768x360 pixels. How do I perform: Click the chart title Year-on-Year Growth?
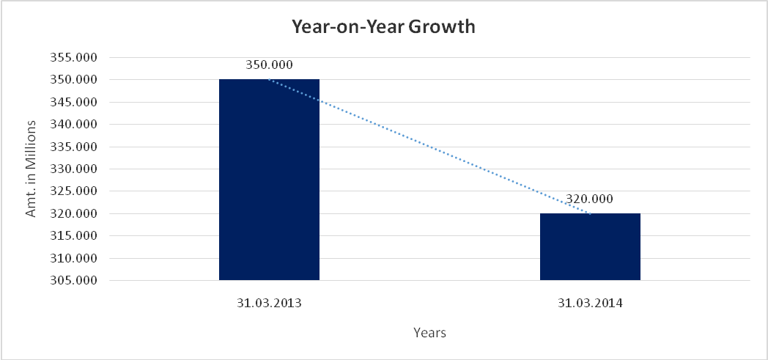pos(384,27)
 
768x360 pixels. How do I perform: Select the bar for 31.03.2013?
pos(269,180)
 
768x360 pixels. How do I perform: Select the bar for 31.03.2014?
pos(590,246)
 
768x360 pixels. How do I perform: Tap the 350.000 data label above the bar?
pos(269,65)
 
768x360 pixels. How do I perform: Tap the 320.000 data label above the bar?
pos(590,199)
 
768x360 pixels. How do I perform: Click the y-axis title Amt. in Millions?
pos(32,169)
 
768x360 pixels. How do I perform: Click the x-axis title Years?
pos(429,333)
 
